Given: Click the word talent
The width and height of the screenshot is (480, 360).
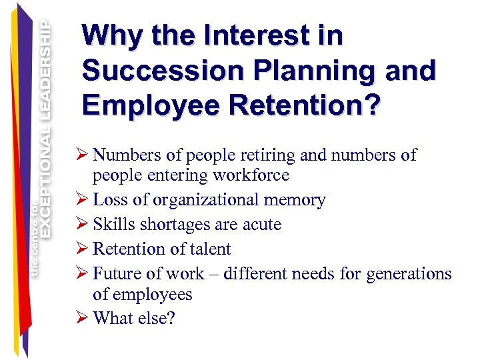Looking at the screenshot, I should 209,249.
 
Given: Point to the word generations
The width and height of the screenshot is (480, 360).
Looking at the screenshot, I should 409,274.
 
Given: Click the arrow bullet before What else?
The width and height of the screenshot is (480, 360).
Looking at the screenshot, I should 84,319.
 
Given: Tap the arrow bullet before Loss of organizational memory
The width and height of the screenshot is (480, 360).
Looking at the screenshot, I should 84,200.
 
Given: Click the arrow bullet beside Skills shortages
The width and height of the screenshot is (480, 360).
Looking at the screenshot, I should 84,225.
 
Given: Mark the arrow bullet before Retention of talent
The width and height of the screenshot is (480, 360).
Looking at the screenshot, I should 84,249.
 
